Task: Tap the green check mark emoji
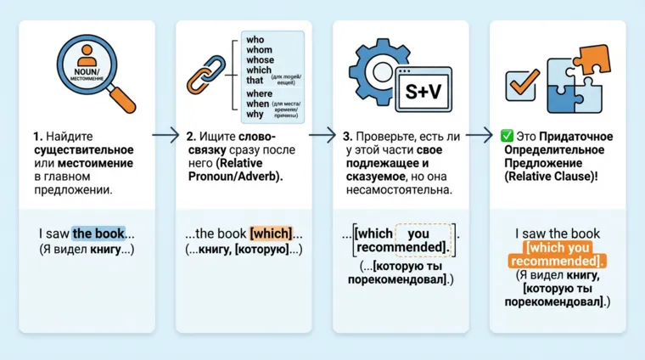507,136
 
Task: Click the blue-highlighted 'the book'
98,233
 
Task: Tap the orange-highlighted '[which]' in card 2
271,233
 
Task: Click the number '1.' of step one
38,136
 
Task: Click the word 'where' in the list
258,93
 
